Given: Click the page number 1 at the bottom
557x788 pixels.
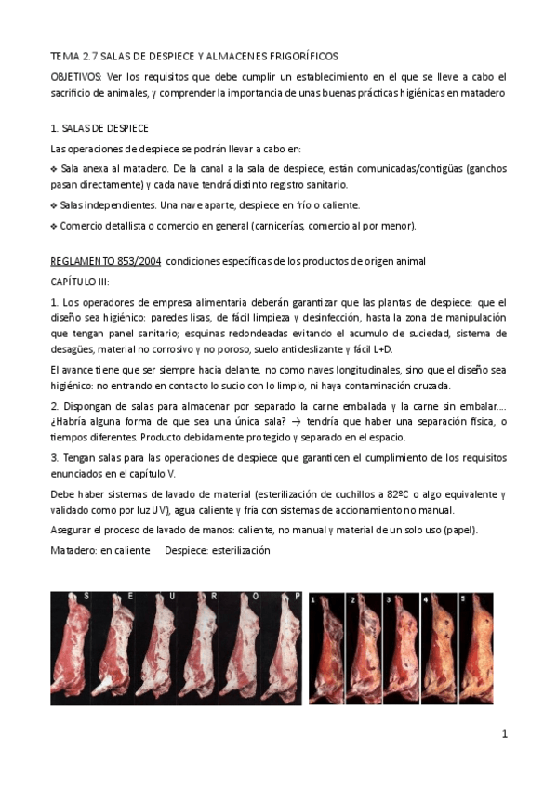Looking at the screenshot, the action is (504, 734).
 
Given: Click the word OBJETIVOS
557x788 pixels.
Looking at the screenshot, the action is (76, 75).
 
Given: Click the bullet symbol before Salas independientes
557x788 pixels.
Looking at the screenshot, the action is (53, 205).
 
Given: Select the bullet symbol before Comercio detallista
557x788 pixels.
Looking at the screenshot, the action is (53, 226).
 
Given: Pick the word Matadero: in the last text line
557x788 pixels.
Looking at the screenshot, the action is (75, 550).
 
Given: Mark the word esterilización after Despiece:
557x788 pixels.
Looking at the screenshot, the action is (239, 550).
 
